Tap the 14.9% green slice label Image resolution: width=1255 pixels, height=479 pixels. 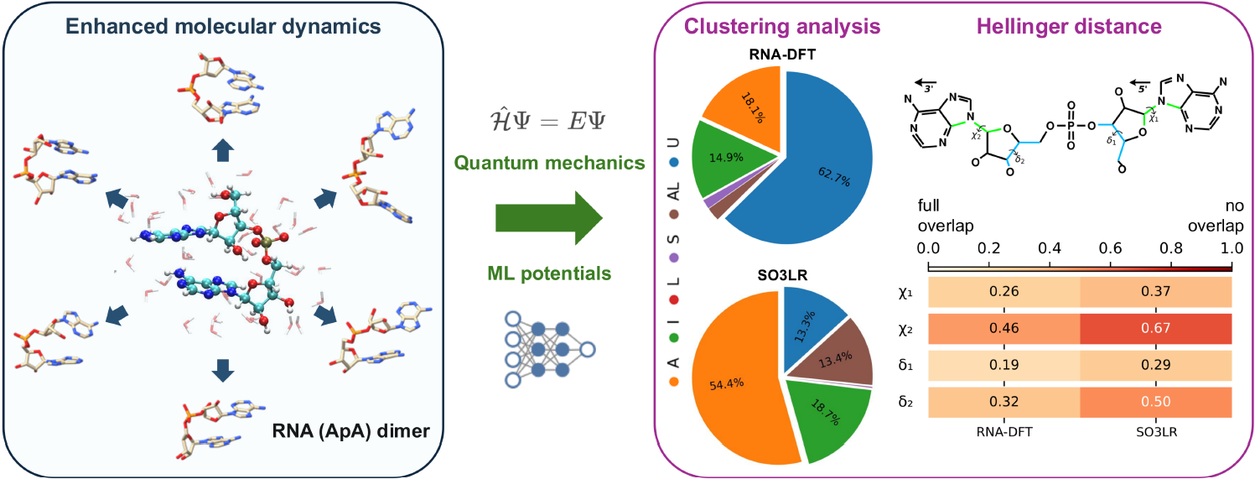[726, 158]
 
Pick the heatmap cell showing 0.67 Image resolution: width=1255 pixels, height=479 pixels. [1156, 328]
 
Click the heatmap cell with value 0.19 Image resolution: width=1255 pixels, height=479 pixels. [1004, 365]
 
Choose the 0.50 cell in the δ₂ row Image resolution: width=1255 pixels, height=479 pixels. [1156, 402]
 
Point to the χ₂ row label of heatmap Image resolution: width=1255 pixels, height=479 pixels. [905, 329]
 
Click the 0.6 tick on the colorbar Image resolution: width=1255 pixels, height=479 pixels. [1111, 248]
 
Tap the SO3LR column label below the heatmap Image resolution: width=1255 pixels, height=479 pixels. [1156, 432]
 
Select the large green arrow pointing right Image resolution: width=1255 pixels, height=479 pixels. [549, 217]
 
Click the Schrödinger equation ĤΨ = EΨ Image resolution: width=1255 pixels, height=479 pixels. [548, 121]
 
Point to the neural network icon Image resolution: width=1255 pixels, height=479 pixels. [550, 350]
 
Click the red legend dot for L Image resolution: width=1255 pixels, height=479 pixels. [674, 300]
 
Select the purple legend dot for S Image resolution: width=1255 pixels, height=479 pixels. [674, 258]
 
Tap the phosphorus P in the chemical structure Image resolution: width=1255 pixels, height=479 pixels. [1071, 126]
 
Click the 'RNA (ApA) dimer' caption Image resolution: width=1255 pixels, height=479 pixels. [350, 430]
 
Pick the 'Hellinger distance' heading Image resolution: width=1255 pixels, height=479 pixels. [1069, 26]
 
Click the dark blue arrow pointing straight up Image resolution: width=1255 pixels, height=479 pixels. [223, 150]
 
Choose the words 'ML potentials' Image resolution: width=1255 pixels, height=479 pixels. [549, 273]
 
